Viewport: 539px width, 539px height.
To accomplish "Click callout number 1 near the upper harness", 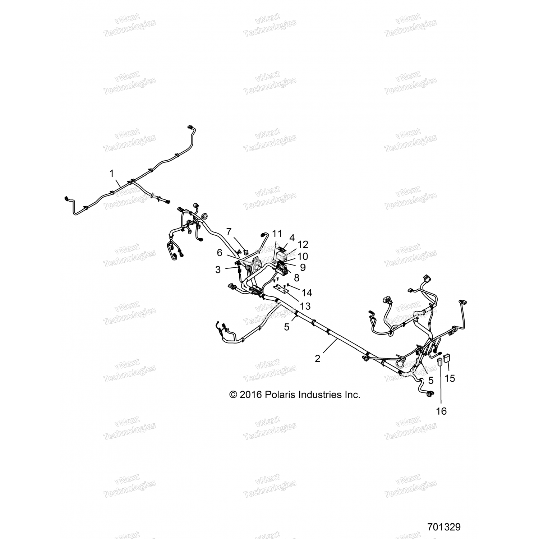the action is [x=112, y=174].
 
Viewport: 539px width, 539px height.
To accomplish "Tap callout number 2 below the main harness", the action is [x=317, y=358].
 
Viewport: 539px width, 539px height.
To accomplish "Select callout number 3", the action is [x=218, y=269].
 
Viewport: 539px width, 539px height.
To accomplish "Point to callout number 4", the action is [x=292, y=238].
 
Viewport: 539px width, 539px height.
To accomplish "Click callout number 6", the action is [x=220, y=253].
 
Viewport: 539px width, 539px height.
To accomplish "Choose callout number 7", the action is [x=229, y=232].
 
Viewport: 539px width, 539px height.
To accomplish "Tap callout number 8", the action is [x=296, y=278].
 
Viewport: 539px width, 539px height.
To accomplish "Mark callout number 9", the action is [x=303, y=267].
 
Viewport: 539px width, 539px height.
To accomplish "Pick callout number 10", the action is [x=303, y=256].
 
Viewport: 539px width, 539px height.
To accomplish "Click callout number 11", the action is [x=277, y=234].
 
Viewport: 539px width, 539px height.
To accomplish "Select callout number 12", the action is [x=303, y=244].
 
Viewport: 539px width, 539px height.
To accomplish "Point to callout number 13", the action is [x=305, y=306].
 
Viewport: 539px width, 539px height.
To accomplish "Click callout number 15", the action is [x=450, y=378].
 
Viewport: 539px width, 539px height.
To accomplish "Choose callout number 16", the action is [x=441, y=411].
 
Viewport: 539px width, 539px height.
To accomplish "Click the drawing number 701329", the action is [x=444, y=527].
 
